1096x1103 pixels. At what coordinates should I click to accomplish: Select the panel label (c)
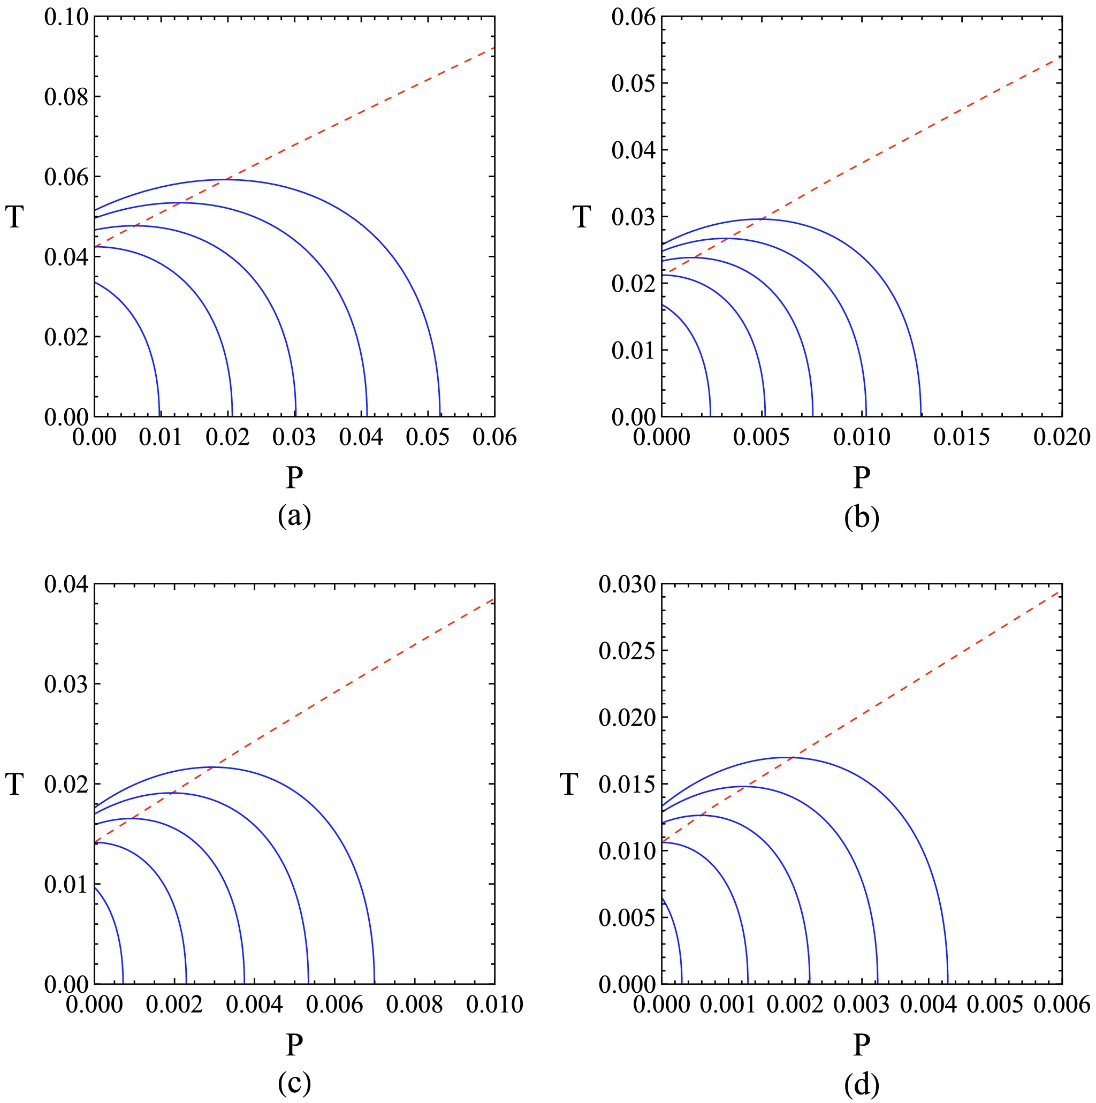point(294,1083)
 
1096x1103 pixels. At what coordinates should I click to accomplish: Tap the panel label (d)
point(862,1084)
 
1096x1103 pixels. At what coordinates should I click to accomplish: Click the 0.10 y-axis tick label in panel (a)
point(66,17)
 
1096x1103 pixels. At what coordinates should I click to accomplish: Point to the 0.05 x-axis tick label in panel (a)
point(428,437)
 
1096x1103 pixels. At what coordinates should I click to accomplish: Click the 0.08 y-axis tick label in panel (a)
point(66,97)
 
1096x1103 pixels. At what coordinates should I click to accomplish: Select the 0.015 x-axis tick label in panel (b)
point(962,437)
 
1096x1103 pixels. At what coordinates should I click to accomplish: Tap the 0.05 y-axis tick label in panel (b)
point(634,83)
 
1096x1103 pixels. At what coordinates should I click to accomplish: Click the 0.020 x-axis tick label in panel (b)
point(1062,437)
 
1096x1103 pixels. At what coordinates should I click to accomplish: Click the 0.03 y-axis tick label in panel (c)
point(66,684)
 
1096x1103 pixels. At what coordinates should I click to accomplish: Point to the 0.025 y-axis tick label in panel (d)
point(627,651)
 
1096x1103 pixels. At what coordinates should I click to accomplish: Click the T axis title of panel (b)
point(582,217)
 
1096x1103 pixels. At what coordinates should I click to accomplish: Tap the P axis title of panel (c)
point(294,1044)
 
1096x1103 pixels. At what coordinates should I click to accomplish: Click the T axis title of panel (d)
point(569,785)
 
